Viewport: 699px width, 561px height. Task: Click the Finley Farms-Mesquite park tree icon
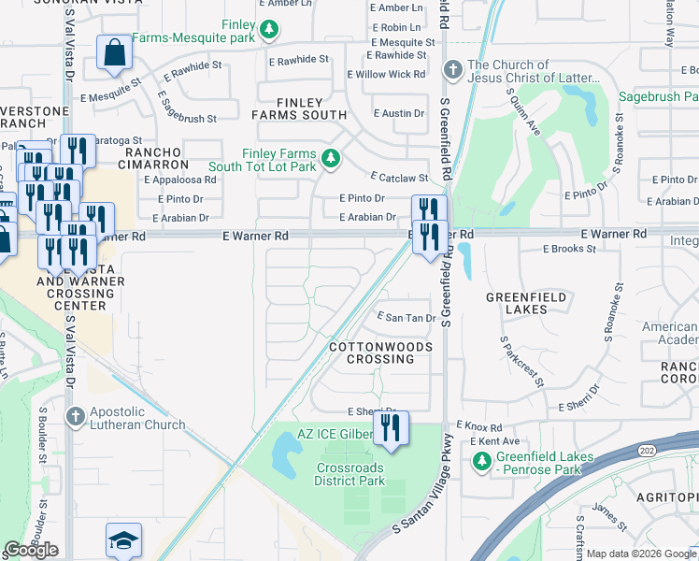click(x=269, y=30)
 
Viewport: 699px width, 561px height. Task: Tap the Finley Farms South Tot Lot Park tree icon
click(x=330, y=160)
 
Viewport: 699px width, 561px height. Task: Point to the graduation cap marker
click(x=123, y=540)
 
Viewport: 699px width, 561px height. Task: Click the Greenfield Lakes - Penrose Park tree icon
click(x=481, y=461)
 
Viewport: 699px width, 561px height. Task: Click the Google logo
click(x=31, y=550)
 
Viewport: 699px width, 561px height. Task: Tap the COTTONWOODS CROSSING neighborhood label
click(x=381, y=352)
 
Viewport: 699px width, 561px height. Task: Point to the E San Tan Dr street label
click(x=406, y=318)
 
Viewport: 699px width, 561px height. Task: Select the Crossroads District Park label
click(x=349, y=474)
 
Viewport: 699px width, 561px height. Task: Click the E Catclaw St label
click(x=399, y=177)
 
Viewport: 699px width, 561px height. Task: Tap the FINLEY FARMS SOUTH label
click(x=299, y=108)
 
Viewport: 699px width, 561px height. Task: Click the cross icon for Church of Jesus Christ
click(x=452, y=70)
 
